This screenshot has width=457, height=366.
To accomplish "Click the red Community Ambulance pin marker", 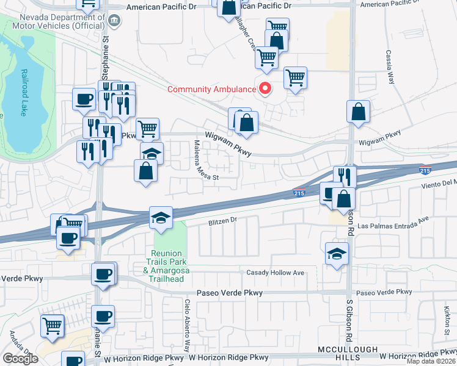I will tap(265, 88).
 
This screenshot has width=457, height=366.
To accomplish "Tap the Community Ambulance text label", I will tap(211, 90).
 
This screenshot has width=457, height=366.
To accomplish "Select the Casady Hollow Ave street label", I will tap(275, 273).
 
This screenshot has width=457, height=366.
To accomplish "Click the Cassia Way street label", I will tap(389, 67).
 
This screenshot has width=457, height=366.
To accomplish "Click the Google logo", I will tap(20, 359).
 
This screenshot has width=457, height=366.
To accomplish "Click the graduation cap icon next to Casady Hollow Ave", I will tap(337, 253).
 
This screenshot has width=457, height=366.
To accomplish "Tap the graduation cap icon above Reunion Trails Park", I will tap(161, 218).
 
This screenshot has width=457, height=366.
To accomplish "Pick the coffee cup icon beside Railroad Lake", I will tap(84, 98).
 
